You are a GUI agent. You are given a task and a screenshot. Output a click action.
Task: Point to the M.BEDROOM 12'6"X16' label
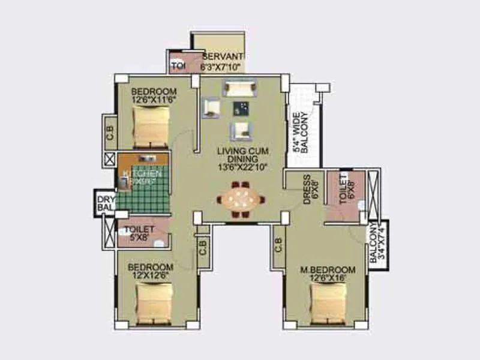point(328,274)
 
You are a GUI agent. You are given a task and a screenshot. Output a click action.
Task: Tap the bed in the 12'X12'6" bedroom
point(154,302)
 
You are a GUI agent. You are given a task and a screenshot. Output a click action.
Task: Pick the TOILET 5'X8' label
point(139,233)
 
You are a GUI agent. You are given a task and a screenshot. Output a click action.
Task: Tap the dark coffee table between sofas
point(241,109)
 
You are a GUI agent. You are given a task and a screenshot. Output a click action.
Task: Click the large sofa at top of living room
point(239,88)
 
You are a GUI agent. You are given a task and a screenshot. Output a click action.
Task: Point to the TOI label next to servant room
point(178,65)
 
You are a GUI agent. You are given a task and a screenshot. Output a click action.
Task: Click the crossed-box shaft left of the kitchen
point(110,160)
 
